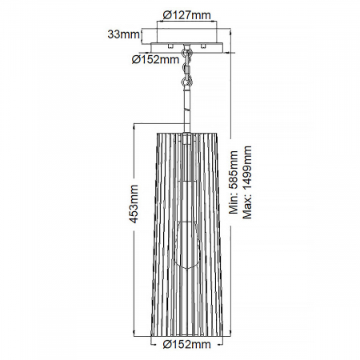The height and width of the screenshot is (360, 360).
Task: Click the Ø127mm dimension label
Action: click(x=186, y=15)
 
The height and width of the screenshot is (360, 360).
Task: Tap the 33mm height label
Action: click(x=124, y=34)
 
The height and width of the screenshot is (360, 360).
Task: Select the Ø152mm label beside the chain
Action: click(x=155, y=59)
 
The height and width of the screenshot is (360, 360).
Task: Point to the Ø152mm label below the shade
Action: click(x=186, y=345)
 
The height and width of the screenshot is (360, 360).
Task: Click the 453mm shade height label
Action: click(x=133, y=204)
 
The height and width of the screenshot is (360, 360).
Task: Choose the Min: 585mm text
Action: click(x=234, y=182)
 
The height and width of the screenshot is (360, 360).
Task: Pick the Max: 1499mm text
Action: click(x=246, y=182)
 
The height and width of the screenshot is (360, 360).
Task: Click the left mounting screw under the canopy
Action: click(x=170, y=46)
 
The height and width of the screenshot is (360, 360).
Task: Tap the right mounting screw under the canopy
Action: click(x=203, y=46)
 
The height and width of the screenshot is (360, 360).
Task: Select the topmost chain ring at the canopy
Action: click(x=187, y=51)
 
